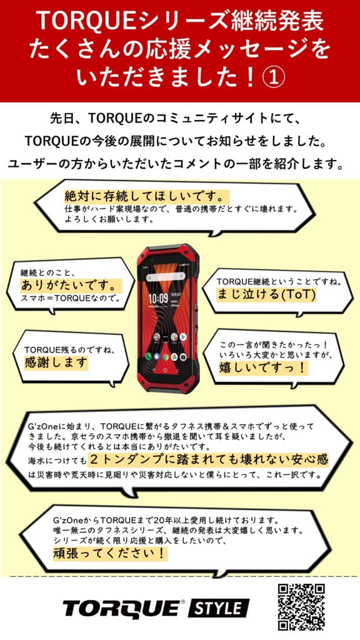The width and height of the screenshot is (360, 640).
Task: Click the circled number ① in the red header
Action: tap(272, 77)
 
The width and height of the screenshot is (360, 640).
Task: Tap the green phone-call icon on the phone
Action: tap(149, 356)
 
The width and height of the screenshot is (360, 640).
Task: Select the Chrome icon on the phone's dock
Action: tap(165, 356)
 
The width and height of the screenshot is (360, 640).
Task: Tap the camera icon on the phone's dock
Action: tap(183, 356)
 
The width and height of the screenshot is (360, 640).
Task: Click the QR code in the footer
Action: tap(301, 607)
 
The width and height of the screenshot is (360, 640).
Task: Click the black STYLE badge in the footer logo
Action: tap(218, 609)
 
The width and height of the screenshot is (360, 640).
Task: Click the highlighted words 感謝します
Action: tap(56, 362)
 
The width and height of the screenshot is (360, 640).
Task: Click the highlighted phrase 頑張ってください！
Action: tap(110, 554)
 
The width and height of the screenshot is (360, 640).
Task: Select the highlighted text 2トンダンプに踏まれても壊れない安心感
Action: tap(208, 459)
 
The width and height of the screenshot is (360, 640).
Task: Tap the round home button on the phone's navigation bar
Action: tap(166, 370)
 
